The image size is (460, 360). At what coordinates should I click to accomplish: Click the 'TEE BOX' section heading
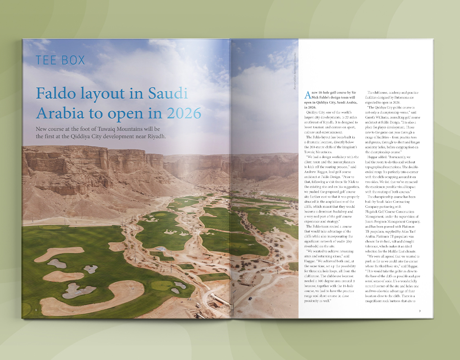point(60,60)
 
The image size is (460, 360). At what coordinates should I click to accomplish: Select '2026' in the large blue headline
point(178,112)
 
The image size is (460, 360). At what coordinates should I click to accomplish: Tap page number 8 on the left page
point(36,311)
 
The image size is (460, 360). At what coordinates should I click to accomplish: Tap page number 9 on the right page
point(420,311)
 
